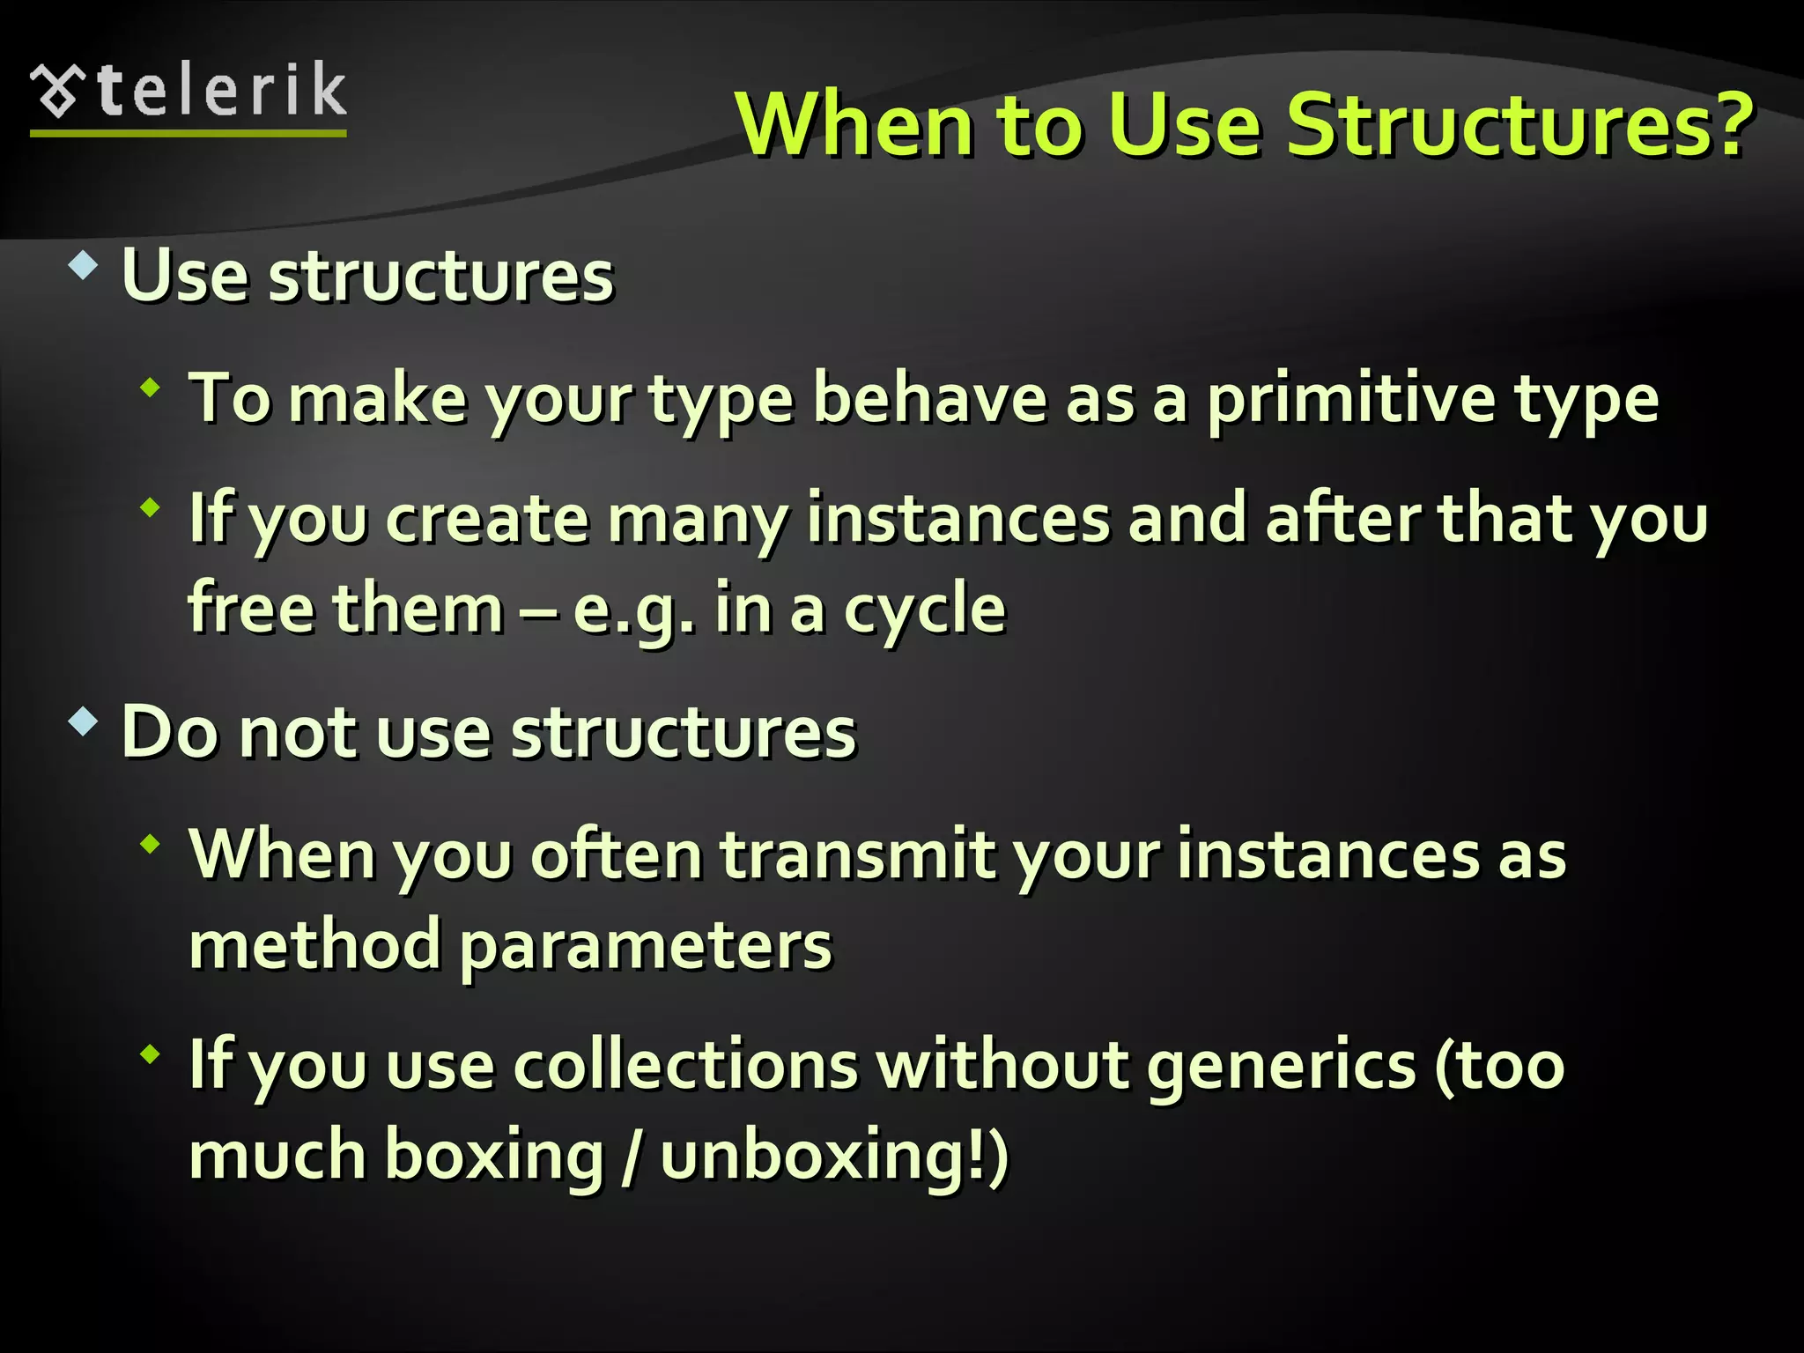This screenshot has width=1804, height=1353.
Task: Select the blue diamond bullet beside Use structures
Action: tap(83, 265)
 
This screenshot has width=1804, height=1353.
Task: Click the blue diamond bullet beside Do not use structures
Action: tap(83, 722)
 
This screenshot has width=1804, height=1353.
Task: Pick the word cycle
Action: tap(925, 610)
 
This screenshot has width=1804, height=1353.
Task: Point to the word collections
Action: tap(685, 1065)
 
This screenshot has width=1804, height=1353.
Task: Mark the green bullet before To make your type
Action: tap(151, 387)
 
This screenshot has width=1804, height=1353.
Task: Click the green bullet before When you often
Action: tap(151, 844)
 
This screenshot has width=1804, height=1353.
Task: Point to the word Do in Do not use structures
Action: tap(170, 732)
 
